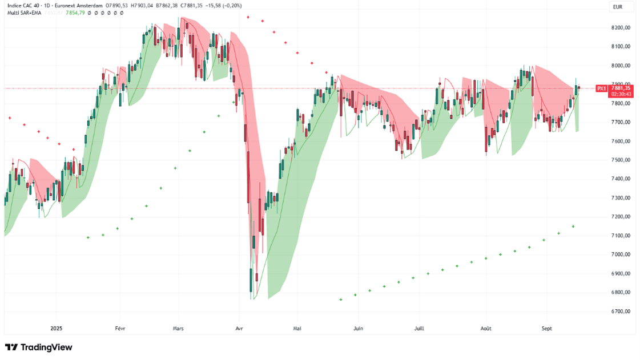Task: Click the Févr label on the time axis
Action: [120, 329]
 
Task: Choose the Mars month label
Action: [178, 329]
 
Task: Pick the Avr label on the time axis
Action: [239, 329]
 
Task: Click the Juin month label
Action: [358, 329]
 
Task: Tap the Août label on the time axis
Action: [486, 329]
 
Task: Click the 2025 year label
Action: [56, 329]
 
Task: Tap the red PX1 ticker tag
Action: [601, 88]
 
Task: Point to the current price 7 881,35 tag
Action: [621, 88]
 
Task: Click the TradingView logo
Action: [39, 347]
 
